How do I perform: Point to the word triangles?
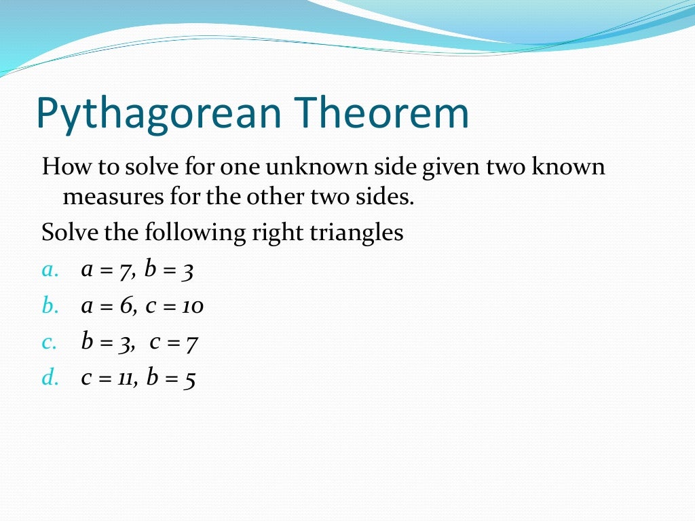(x=357, y=233)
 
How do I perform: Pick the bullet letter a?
(x=49, y=271)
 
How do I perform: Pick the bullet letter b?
(x=49, y=306)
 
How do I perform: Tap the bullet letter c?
(x=49, y=343)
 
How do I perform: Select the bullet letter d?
(x=50, y=378)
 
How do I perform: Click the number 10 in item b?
(x=193, y=307)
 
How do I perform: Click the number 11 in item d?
(x=124, y=379)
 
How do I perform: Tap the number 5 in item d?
(x=189, y=379)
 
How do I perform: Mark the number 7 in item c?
(x=191, y=343)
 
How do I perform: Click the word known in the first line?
(x=567, y=166)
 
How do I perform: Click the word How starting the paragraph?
(x=61, y=166)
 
